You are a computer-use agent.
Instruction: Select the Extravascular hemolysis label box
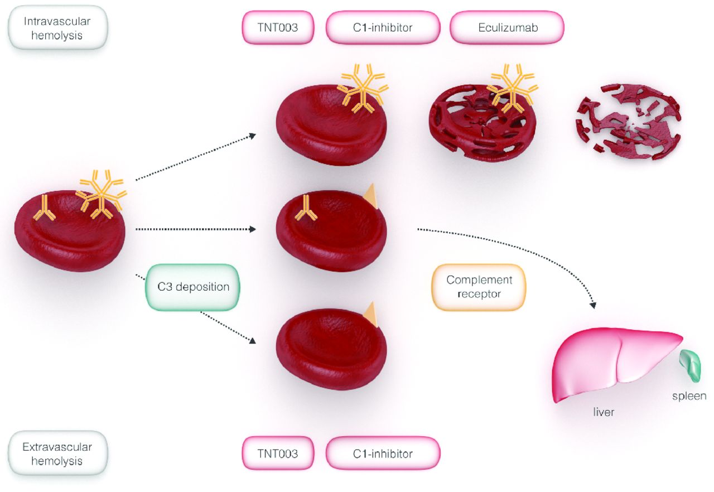(x=57, y=454)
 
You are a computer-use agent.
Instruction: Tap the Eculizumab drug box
(x=507, y=27)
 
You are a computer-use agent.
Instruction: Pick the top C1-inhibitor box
(x=383, y=27)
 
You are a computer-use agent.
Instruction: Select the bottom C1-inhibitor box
(x=383, y=454)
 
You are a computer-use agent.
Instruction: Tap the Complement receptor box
(x=479, y=287)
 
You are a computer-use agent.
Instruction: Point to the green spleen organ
(x=692, y=366)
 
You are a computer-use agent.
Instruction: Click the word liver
(x=604, y=412)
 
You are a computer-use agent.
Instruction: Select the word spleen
(x=689, y=396)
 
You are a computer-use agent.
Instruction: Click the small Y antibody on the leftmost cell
(x=44, y=208)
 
